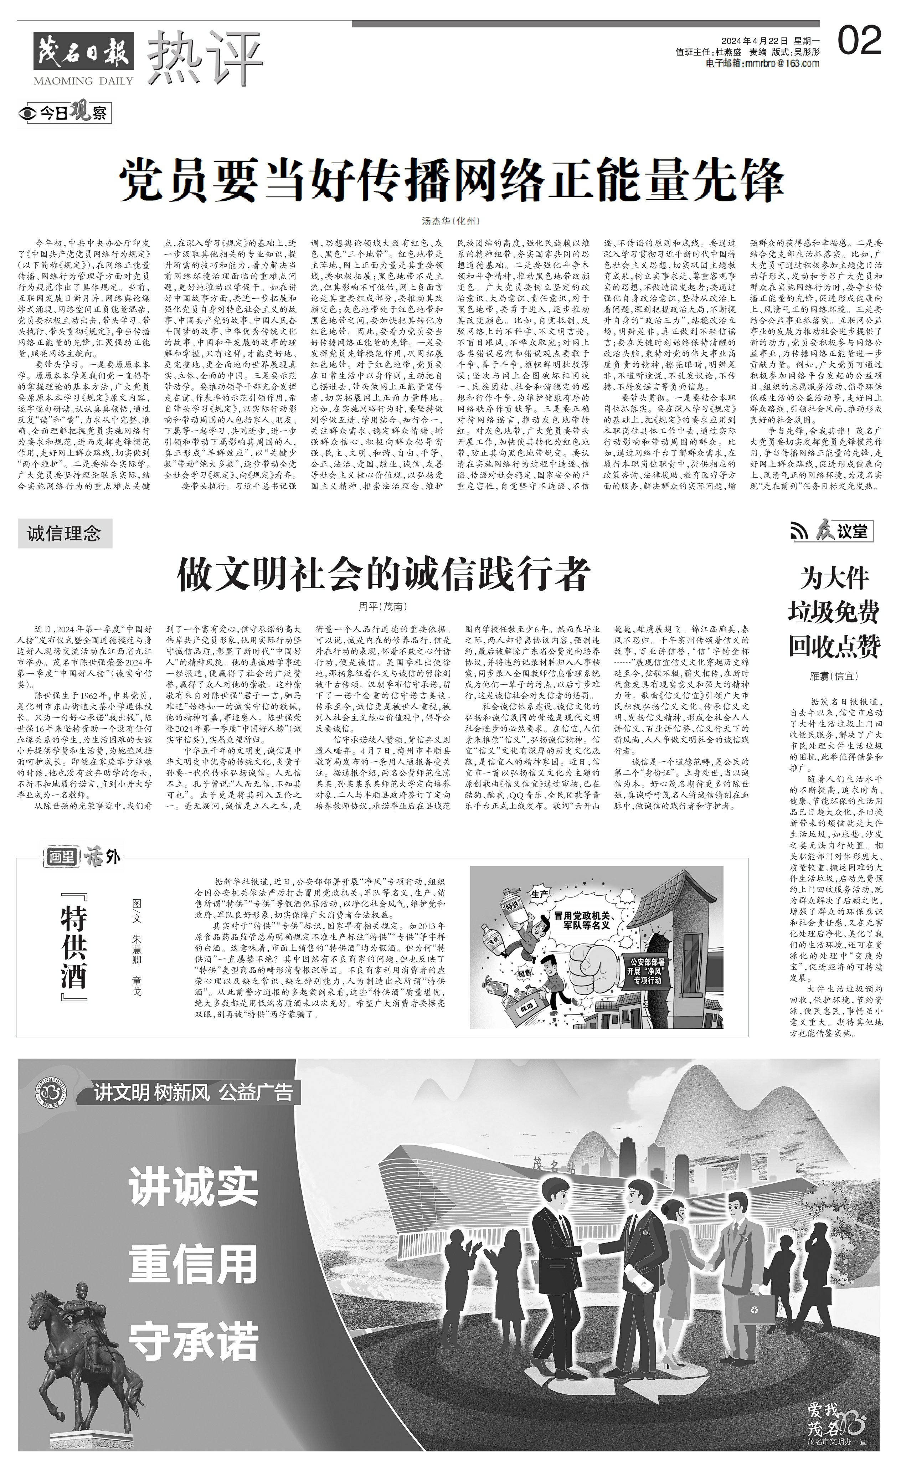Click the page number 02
(x=859, y=41)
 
